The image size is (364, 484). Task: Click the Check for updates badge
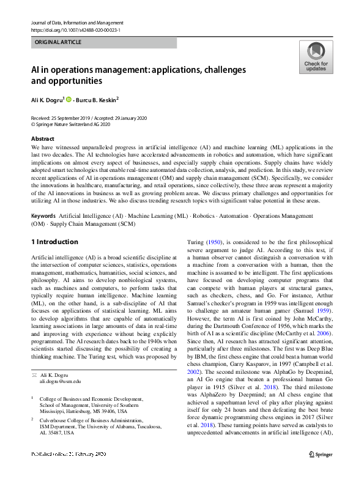(315, 58)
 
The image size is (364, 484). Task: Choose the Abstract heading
(43, 139)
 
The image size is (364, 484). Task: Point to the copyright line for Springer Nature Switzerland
(71, 124)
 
